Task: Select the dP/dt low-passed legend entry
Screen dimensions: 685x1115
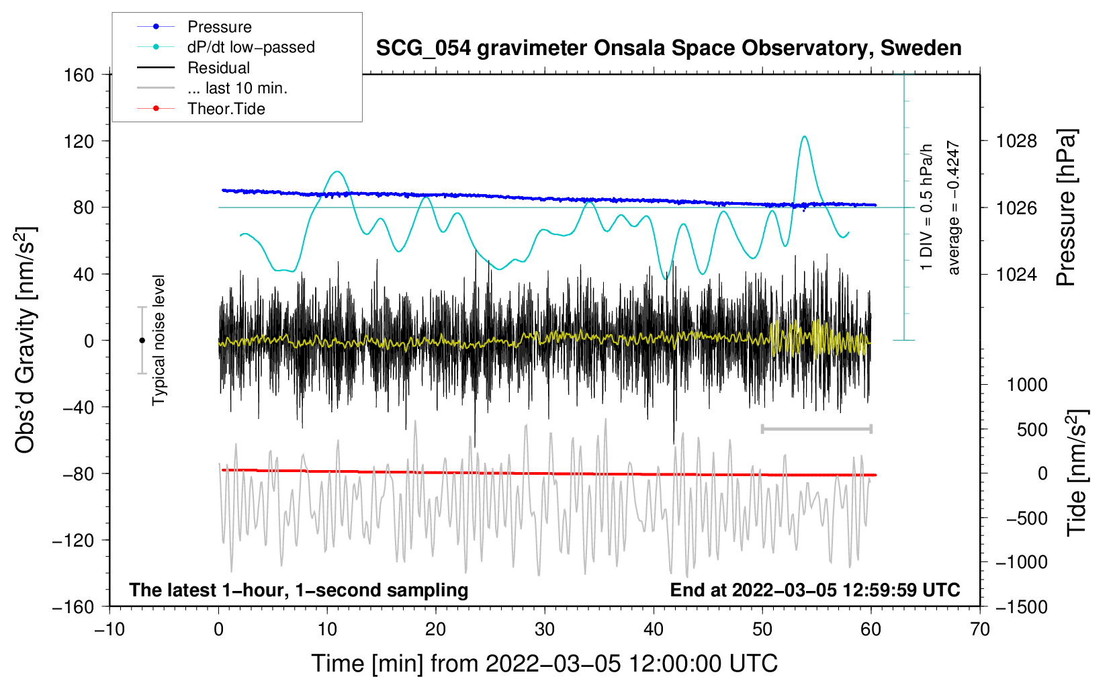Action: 251,47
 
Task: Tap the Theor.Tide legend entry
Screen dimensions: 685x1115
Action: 226,109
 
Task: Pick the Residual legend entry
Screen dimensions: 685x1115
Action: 218,68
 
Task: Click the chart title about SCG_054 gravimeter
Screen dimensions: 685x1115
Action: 668,48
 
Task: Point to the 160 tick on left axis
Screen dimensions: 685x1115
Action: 79,75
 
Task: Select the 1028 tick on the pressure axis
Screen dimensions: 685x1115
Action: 1016,141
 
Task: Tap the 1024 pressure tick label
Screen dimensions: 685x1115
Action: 1016,274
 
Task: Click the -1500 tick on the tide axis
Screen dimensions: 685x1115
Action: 1021,606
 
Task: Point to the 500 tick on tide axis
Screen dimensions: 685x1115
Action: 1032,429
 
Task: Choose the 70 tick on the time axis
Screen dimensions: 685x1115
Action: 980,629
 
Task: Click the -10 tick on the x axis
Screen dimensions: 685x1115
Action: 109,629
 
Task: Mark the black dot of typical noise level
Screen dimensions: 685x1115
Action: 142,340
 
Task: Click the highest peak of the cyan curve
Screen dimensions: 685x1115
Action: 804,137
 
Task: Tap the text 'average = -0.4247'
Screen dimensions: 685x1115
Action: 953,208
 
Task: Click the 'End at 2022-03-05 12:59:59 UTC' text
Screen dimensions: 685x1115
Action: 815,590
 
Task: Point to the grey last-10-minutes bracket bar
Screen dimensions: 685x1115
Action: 816,428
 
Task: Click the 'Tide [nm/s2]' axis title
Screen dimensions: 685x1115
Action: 1077,473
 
